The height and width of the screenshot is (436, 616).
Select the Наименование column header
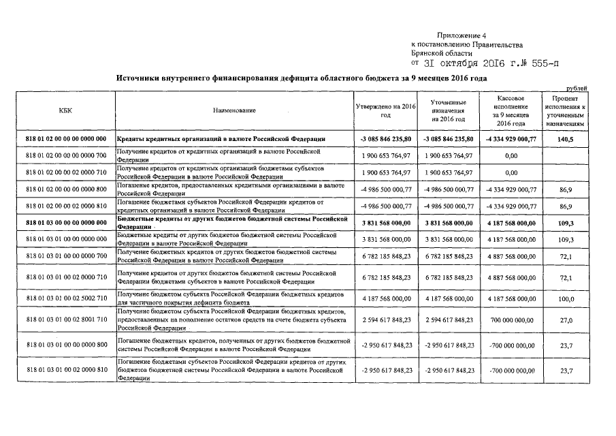pos(234,110)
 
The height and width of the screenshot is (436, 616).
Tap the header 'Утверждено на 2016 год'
pos(385,110)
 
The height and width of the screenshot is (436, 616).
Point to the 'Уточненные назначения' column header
pos(447,110)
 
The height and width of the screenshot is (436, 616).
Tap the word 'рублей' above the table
pos(577,88)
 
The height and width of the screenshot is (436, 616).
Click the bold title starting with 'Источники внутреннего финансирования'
pos(302,79)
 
